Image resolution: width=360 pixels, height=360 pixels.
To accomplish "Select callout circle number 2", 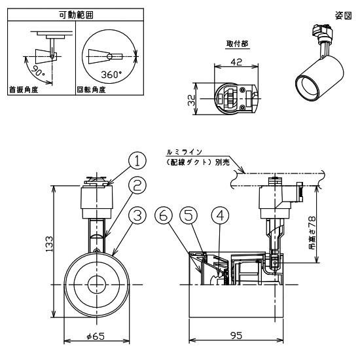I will click(x=137, y=186).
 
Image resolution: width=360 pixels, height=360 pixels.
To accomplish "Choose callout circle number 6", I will click(x=164, y=214).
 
